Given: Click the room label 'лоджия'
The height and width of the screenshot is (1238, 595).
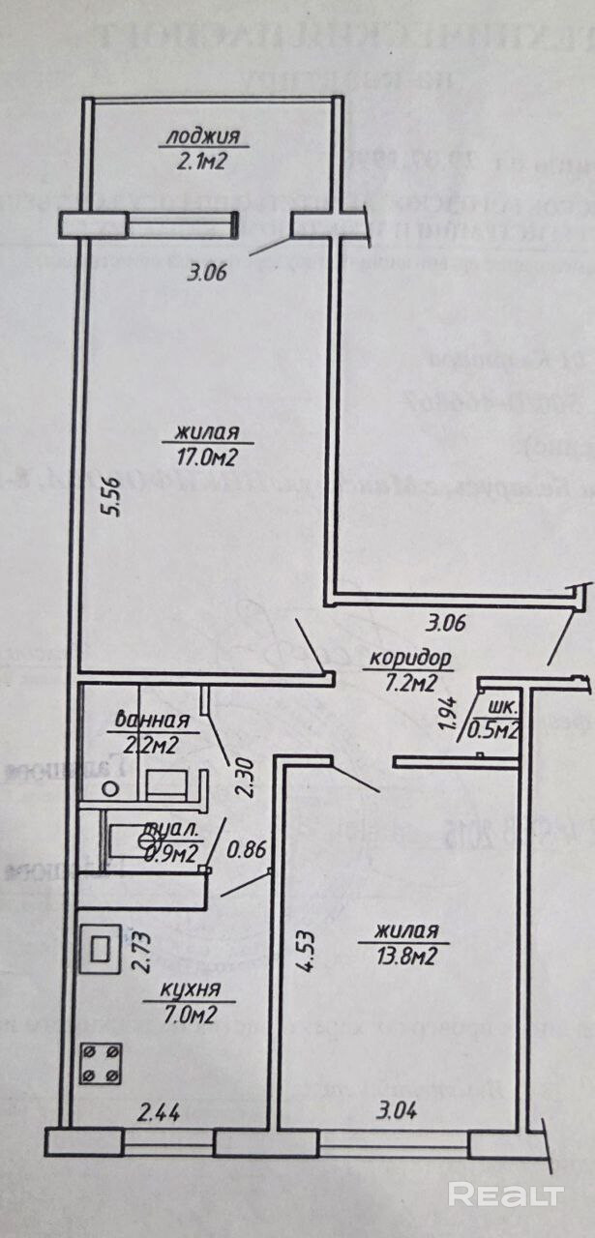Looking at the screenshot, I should coord(202,136).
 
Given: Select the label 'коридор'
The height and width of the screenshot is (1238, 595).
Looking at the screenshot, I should coord(410,662).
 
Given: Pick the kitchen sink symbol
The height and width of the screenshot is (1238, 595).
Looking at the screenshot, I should coord(101,948).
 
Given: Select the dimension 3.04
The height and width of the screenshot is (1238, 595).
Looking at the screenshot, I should coord(397,1112).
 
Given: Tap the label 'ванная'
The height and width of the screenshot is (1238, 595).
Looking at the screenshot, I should coord(151,720).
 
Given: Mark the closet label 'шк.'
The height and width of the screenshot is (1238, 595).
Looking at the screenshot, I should coord(501,706).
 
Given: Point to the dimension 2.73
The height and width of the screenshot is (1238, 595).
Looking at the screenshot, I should coord(143,952).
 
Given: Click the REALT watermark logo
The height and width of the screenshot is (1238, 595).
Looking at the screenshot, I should coord(506,1194).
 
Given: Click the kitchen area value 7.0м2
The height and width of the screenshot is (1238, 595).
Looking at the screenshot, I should coord(189,1013).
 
